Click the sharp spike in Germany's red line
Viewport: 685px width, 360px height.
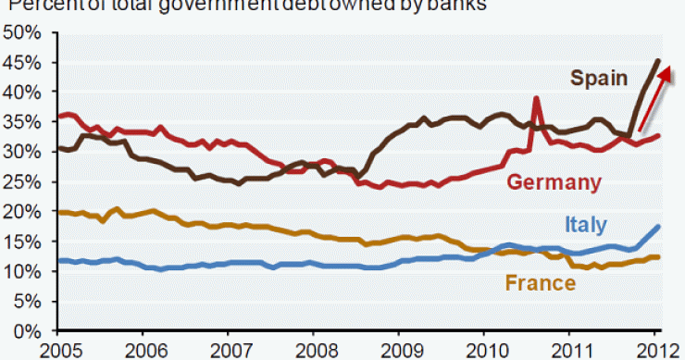536,98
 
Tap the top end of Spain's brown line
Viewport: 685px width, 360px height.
657,61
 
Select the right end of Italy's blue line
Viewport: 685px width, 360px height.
658,226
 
